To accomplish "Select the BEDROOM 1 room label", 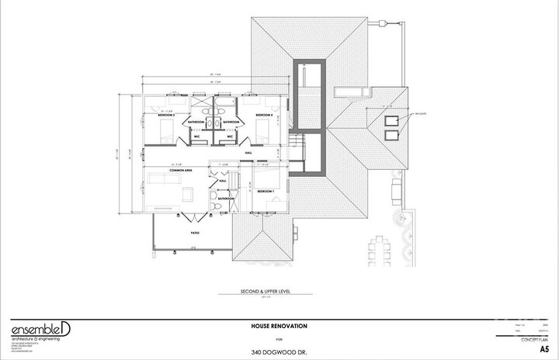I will coord(265,190).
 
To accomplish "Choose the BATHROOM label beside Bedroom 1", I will coord(226,199).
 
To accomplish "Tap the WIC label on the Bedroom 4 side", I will coord(231,137).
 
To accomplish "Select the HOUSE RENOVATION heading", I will coord(279,326).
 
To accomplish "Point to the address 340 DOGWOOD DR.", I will coord(279,351).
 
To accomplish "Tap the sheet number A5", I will coord(543,349).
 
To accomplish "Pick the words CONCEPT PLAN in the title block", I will coord(535,339).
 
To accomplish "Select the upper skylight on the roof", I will coord(391,120).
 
